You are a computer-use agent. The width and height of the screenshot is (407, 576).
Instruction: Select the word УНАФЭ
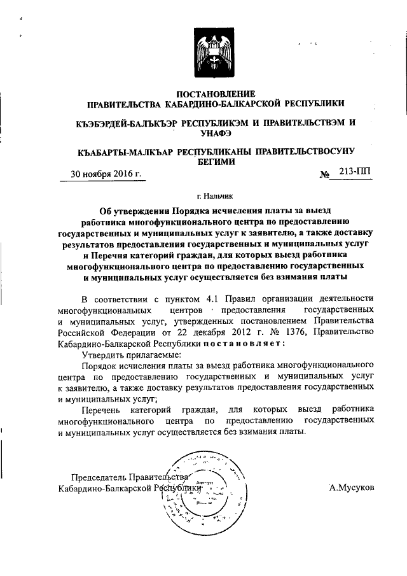pos(214,134)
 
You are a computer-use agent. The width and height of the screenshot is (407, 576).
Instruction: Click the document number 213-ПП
pos(355,171)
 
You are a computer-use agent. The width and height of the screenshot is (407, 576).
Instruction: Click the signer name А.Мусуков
pos(352,488)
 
